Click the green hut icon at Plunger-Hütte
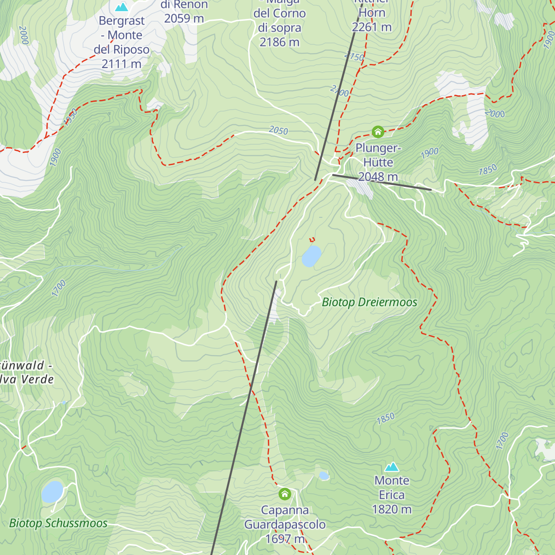[x=378, y=132]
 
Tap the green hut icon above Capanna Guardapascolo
[x=285, y=494]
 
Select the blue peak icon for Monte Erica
[x=392, y=467]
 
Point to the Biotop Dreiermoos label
[x=369, y=302]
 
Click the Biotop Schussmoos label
[x=58, y=524]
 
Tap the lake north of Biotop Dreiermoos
[x=311, y=256]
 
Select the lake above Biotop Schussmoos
[x=52, y=492]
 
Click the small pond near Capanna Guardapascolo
[x=324, y=475]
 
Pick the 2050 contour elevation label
[x=278, y=131]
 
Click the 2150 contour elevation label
[x=354, y=56]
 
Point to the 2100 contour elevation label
[x=339, y=91]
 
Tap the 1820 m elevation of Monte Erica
[x=392, y=509]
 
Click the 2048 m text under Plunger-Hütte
[x=378, y=177]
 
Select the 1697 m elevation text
[x=285, y=539]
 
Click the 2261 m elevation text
[x=371, y=27]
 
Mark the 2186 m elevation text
[x=279, y=42]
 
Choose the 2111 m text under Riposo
[x=121, y=64]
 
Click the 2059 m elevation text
[x=184, y=18]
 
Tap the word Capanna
[x=285, y=510]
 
